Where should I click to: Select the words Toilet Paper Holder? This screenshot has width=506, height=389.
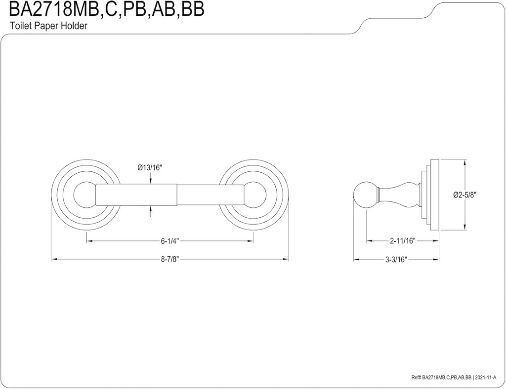pyautogui.click(x=48, y=27)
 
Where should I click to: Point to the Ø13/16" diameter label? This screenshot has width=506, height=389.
pyautogui.click(x=150, y=168)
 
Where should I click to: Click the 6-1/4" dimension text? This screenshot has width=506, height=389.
pyautogui.click(x=169, y=241)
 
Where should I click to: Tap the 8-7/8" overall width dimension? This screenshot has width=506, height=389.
pyautogui.click(x=169, y=261)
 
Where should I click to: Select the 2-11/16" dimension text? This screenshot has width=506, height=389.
pyautogui.click(x=402, y=241)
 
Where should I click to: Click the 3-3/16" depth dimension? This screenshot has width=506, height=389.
pyautogui.click(x=395, y=261)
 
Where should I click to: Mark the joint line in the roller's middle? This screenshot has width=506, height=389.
pyautogui.click(x=177, y=195)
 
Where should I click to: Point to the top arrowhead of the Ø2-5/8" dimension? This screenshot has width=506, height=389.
pyautogui.click(x=464, y=162)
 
